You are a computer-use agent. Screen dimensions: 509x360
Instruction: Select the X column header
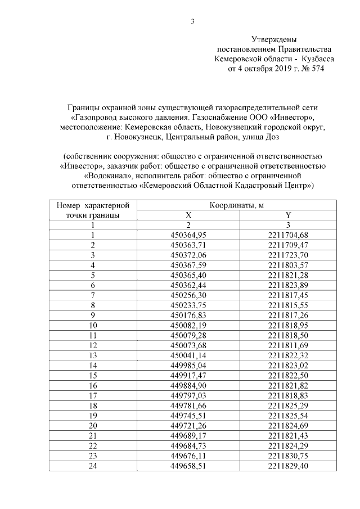tap(188, 215)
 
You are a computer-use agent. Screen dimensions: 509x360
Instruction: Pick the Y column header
tap(289, 215)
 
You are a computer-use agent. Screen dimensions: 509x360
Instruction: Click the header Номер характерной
tap(93, 205)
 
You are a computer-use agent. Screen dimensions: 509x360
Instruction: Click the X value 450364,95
tap(188, 235)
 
